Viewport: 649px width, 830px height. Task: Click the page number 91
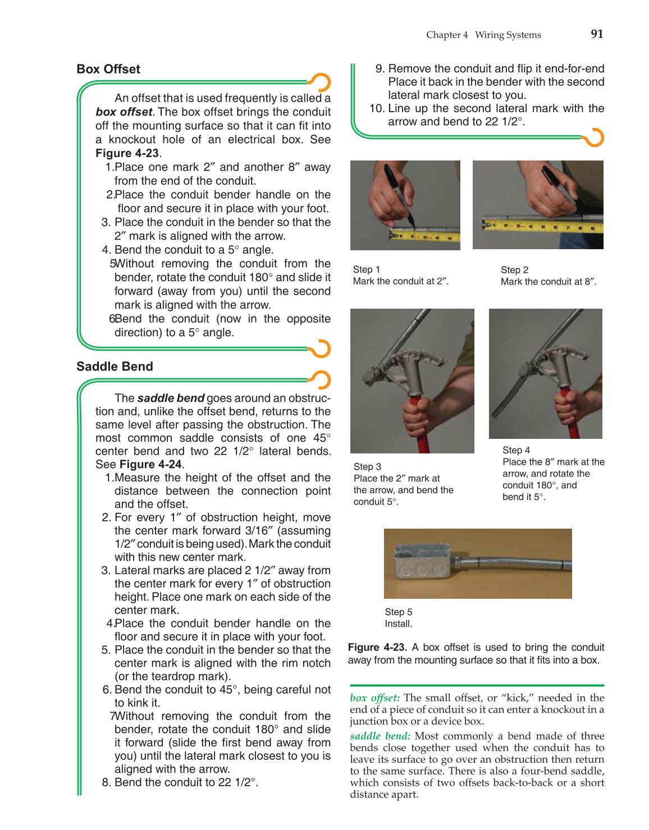(x=597, y=34)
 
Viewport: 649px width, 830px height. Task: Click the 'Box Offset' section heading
(x=108, y=69)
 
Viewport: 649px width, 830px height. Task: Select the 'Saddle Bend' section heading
(x=115, y=366)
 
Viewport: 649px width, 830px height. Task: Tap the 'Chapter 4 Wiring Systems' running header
(x=483, y=35)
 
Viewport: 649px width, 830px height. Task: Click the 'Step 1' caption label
(x=366, y=269)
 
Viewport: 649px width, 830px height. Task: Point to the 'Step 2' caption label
(x=514, y=270)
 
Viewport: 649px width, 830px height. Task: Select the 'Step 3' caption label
(x=367, y=466)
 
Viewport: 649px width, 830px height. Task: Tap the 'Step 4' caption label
(x=516, y=450)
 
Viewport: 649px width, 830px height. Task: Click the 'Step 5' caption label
(x=398, y=612)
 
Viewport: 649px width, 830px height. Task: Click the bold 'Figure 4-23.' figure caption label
(x=377, y=647)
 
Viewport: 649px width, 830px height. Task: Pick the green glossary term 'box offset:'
(x=374, y=698)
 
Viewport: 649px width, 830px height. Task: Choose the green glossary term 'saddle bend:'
(x=380, y=736)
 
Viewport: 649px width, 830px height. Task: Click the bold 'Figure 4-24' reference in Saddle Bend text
(x=150, y=464)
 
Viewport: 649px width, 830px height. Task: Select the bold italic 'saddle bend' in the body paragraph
(x=171, y=398)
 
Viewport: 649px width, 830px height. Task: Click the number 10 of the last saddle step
(x=376, y=108)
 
